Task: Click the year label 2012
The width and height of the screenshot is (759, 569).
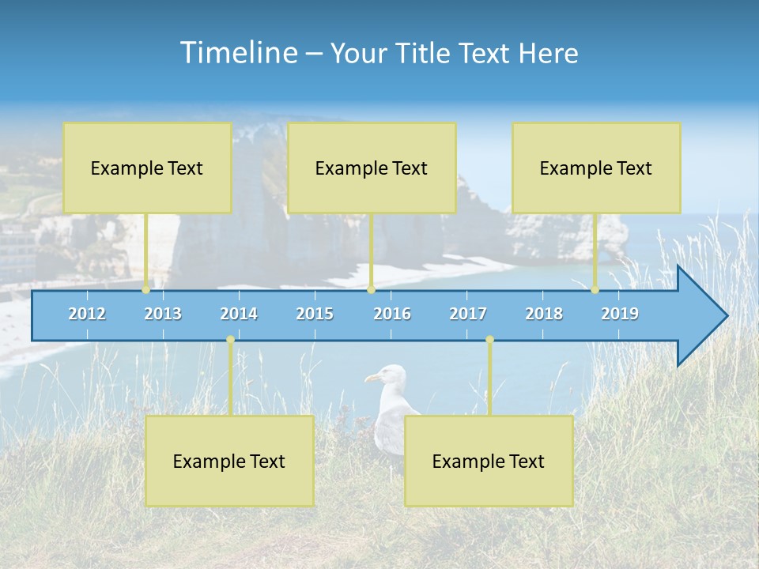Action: pyautogui.click(x=87, y=314)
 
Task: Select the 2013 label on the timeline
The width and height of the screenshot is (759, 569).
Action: pyautogui.click(x=163, y=314)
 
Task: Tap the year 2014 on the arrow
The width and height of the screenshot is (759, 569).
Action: pyautogui.click(x=239, y=314)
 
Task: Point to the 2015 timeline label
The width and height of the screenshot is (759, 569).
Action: pyautogui.click(x=315, y=314)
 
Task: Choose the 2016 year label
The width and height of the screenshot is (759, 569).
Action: pyautogui.click(x=392, y=314)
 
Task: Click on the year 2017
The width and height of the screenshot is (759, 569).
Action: pyautogui.click(x=468, y=314)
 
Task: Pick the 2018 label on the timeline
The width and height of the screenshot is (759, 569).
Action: pyautogui.click(x=544, y=314)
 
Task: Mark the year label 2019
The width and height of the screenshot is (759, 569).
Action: pyautogui.click(x=620, y=314)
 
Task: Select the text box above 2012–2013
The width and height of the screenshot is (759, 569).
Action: pyautogui.click(x=147, y=168)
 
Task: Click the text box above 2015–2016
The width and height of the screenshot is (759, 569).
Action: pyautogui.click(x=372, y=168)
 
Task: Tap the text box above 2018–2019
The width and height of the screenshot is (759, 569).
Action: pyautogui.click(x=596, y=168)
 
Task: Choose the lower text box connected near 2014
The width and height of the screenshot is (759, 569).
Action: pyautogui.click(x=229, y=462)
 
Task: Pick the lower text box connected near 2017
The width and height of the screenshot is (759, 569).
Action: pyautogui.click(x=489, y=462)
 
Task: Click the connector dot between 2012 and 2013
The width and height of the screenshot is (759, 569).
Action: pyautogui.click(x=146, y=290)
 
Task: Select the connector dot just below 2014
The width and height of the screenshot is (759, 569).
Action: pyautogui.click(x=230, y=340)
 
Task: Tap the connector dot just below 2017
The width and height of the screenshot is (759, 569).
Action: pyautogui.click(x=489, y=340)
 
